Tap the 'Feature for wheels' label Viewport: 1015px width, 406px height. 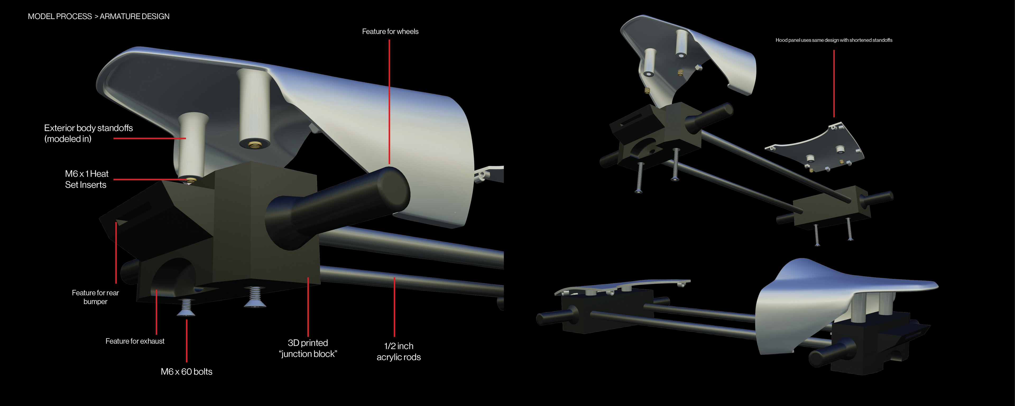(x=390, y=31)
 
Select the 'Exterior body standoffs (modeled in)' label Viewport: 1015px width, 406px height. (x=88, y=133)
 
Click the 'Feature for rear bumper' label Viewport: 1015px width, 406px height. (x=95, y=297)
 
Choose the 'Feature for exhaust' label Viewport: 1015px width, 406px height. (x=135, y=341)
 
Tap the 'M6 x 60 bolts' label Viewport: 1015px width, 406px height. (x=186, y=372)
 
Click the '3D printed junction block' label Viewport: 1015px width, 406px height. (x=308, y=348)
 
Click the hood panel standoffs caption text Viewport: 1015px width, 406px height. (x=834, y=40)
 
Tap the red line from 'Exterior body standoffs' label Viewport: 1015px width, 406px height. (x=150, y=138)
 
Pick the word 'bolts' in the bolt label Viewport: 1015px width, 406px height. (x=203, y=372)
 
